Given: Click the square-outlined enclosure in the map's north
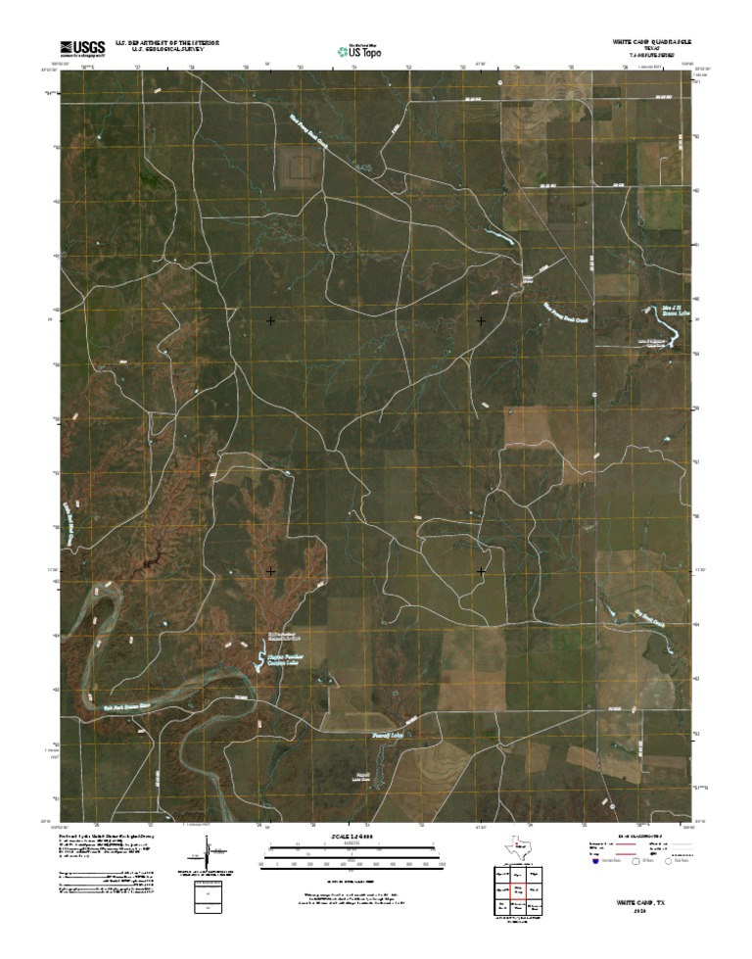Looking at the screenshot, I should (299, 165).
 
